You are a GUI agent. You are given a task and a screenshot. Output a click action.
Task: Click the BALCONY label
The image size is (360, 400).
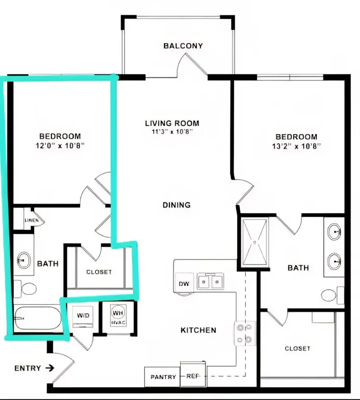[183, 46]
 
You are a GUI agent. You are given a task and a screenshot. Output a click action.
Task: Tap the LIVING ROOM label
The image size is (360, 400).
[172, 123]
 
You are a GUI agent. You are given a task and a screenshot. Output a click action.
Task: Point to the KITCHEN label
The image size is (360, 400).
[198, 330]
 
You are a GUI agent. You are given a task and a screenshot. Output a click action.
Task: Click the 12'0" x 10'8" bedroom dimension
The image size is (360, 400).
[60, 145]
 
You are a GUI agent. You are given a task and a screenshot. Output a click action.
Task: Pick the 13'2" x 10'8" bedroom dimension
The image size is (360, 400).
[296, 145]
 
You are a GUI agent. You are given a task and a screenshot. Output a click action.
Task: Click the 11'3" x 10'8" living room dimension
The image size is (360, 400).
[172, 132]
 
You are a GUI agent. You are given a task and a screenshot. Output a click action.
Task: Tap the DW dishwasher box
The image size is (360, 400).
[184, 283]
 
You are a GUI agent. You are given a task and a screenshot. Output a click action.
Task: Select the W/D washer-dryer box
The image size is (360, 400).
[83, 316]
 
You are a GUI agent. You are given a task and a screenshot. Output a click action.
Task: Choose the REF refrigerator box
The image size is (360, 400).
[192, 376]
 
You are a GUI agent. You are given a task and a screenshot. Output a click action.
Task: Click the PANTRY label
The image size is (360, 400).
[163, 377]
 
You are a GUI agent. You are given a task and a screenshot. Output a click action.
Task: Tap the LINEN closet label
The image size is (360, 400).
[32, 220]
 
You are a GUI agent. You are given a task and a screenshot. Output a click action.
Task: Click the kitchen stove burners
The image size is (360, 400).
[243, 333]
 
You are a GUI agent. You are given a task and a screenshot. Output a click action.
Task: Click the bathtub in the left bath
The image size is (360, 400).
[36, 318]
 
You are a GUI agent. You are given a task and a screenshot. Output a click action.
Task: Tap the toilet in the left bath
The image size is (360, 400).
[27, 289]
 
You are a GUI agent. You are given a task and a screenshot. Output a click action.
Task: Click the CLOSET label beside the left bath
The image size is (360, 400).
[99, 272]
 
